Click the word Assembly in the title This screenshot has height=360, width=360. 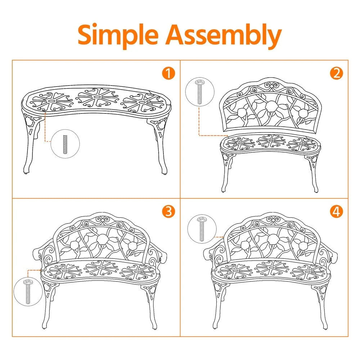(x=224, y=36)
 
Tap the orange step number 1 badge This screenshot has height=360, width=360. (x=168, y=73)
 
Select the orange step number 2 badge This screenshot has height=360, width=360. (x=336, y=73)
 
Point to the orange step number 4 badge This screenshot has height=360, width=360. (x=336, y=211)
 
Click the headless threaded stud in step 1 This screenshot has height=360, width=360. (x=65, y=144)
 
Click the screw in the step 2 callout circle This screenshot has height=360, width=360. (x=199, y=91)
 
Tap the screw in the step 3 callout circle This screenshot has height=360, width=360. (x=28, y=291)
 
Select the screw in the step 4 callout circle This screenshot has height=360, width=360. (x=202, y=229)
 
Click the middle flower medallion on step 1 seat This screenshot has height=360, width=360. (x=96, y=98)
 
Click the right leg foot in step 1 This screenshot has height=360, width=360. (x=164, y=171)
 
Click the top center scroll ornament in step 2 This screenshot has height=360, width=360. (x=271, y=86)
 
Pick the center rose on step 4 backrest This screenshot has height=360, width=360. (x=273, y=240)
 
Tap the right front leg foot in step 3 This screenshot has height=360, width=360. (x=155, y=326)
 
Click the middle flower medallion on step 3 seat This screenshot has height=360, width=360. (x=101, y=268)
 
